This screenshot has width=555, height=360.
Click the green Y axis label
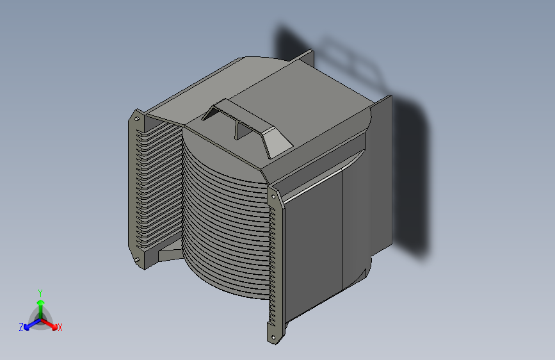click(x=40, y=293)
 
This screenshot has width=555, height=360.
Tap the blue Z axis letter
click(x=21, y=327)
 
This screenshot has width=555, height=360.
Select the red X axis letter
click(x=60, y=327)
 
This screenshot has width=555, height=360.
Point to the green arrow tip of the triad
click(x=41, y=302)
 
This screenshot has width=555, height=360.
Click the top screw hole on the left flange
click(x=136, y=119)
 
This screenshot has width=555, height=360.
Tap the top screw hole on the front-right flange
click(x=273, y=197)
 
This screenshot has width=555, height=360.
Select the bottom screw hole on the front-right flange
click(x=273, y=338)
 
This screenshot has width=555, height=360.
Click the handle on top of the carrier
click(x=247, y=127)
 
